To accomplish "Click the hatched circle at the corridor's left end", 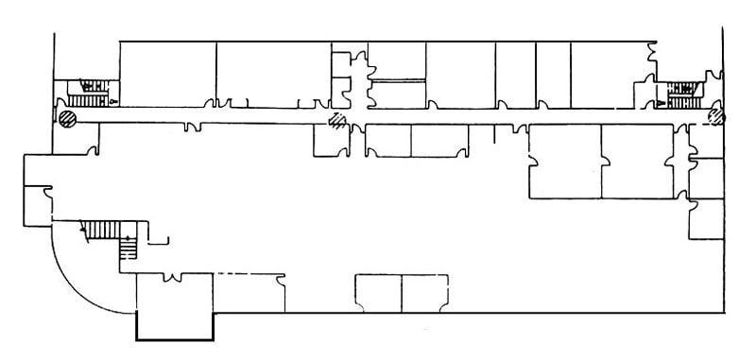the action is pos(67,119).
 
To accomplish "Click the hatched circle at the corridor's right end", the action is pos(716,116).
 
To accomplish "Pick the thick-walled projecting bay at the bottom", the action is pos(176,327).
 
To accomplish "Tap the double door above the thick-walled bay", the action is pos(174,278).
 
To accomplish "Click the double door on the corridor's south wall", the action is pos(194,127).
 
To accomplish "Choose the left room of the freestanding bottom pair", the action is pos(378,293).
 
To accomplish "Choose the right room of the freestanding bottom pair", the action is pos(424,293).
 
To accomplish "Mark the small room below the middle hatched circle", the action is pos(331,140).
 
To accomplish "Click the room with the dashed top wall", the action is pos(249,293).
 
